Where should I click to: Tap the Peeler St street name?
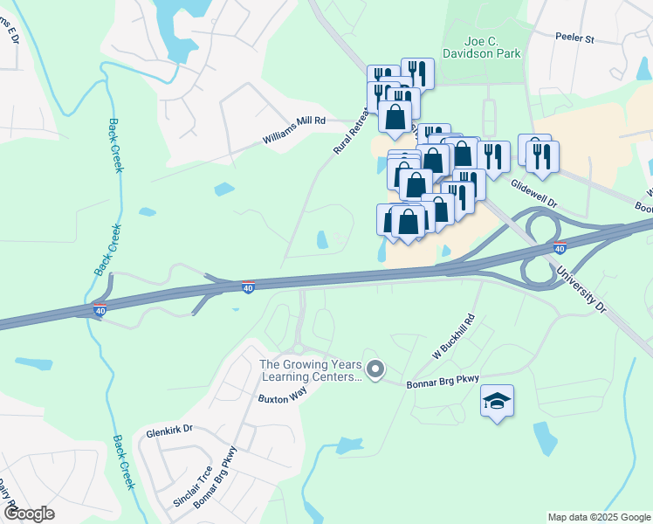574,38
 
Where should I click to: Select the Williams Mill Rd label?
294,130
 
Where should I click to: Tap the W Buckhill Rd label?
454,336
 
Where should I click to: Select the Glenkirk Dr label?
169,429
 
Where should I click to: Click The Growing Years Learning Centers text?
311,371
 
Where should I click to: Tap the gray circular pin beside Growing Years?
375,371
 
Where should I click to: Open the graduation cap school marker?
497,401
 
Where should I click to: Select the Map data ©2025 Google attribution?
598,517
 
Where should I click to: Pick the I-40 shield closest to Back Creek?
101,309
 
